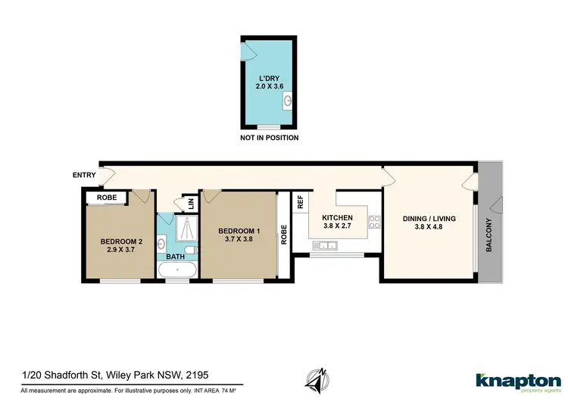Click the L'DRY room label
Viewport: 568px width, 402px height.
click(x=269, y=77)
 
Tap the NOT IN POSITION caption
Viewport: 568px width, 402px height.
click(x=269, y=138)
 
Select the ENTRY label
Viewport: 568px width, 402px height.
click(x=84, y=176)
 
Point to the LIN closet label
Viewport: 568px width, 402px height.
click(x=191, y=204)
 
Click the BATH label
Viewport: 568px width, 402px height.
click(x=176, y=257)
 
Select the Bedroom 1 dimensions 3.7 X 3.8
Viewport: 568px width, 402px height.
click(x=239, y=240)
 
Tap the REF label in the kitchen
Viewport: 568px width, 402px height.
click(x=301, y=201)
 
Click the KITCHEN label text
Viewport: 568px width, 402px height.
click(x=337, y=217)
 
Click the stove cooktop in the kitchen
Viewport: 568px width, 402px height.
click(x=373, y=222)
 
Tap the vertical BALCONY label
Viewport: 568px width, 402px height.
click(x=488, y=235)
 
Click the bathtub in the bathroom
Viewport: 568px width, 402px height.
click(x=178, y=270)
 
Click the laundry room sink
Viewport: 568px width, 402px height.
click(x=286, y=101)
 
